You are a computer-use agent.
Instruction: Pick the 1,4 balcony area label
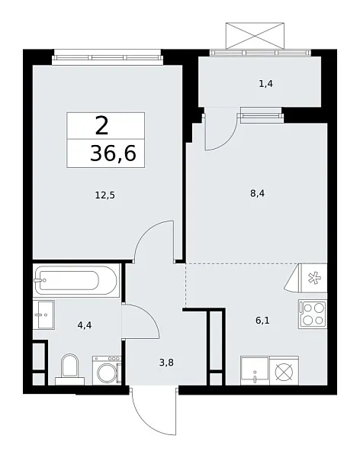[x=265, y=83]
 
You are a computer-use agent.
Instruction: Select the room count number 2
[x=101, y=124]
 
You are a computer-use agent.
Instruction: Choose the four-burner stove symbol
[x=313, y=314]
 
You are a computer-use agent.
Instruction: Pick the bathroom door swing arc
[x=142, y=319]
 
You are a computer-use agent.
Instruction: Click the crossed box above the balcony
[x=256, y=35]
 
